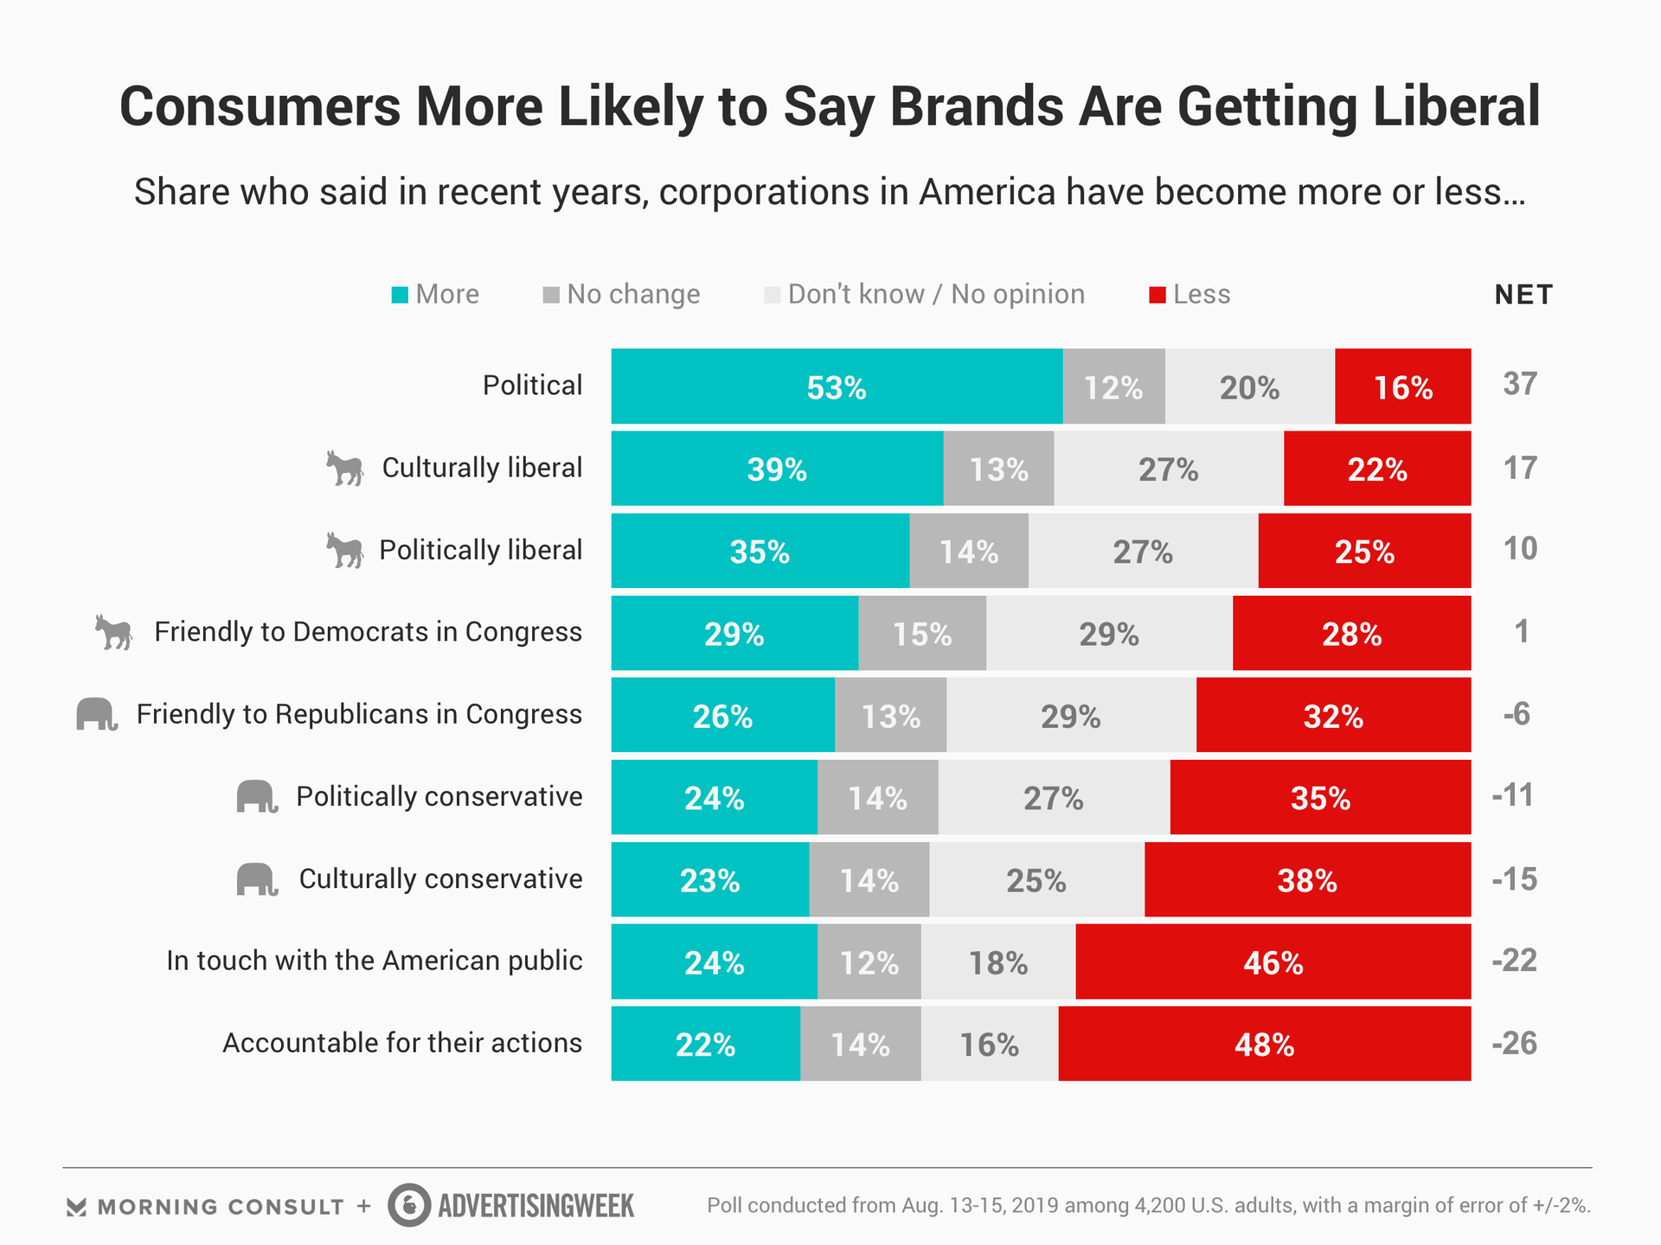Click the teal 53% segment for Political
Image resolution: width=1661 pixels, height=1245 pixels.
click(x=837, y=386)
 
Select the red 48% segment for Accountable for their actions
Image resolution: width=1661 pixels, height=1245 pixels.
click(x=1264, y=1044)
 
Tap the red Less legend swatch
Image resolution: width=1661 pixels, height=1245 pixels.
click(x=1157, y=296)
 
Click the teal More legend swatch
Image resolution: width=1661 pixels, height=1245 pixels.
click(x=400, y=296)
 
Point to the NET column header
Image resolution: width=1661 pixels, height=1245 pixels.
click(x=1523, y=295)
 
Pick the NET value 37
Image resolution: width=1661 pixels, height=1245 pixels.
click(x=1520, y=384)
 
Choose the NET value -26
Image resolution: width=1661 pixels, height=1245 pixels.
click(x=1515, y=1043)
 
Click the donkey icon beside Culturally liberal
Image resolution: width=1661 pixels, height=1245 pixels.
click(x=344, y=469)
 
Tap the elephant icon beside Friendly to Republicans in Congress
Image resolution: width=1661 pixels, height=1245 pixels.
click(x=96, y=714)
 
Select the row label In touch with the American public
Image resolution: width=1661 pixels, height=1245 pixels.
click(x=374, y=961)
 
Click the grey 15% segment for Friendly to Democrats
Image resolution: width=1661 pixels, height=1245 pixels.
click(x=922, y=633)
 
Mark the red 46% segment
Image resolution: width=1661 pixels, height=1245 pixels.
click(x=1273, y=961)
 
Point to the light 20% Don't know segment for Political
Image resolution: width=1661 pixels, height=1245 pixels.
click(x=1249, y=386)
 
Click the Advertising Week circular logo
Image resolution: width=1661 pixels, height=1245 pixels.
click(x=409, y=1205)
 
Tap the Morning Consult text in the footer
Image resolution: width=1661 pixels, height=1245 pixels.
click(x=220, y=1207)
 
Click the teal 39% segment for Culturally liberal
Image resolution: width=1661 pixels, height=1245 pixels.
click(x=777, y=469)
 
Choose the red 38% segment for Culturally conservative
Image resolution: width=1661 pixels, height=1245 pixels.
click(x=1307, y=879)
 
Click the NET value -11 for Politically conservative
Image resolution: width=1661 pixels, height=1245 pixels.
click(x=1514, y=795)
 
